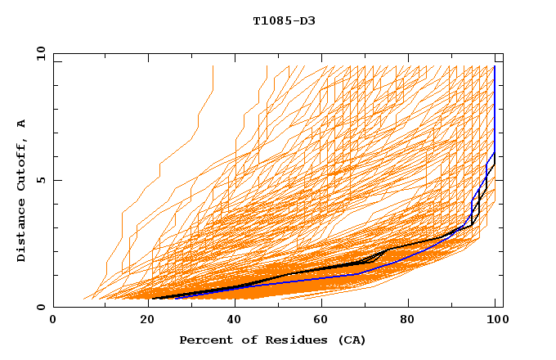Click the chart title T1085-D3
[284, 20]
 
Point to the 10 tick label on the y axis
[41, 52]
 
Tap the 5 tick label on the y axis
[44, 180]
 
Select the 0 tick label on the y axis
[44, 307]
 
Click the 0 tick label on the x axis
[53, 322]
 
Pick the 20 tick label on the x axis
[141, 322]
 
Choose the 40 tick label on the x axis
[231, 322]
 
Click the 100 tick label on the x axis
[495, 322]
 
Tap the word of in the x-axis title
[247, 340]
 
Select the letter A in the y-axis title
[21, 123]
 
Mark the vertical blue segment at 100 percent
[495, 106]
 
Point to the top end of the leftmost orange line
[213, 65]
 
